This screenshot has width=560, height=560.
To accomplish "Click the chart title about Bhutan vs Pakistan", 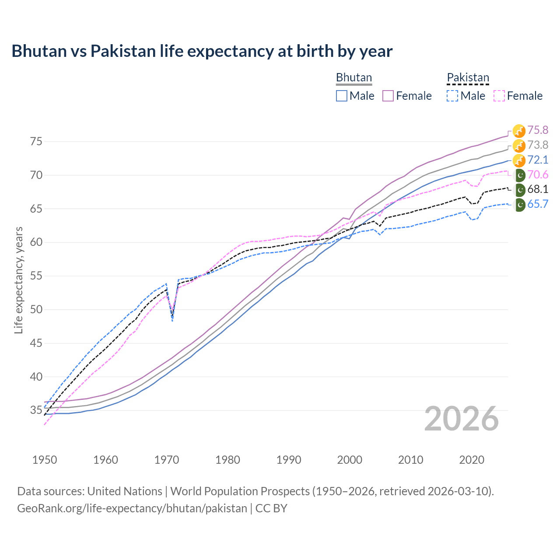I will (x=202, y=51).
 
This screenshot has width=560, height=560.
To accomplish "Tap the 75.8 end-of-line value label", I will (x=537, y=130).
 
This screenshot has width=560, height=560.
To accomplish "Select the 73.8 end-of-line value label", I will (x=537, y=145).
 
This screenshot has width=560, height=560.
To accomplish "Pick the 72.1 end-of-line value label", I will (x=537, y=160).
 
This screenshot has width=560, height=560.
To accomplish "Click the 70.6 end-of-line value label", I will (x=537, y=175).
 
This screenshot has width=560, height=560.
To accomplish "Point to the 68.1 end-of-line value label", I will (x=537, y=189).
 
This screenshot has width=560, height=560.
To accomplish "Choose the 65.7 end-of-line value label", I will (x=537, y=204).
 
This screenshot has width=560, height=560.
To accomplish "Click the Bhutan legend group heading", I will (x=353, y=78).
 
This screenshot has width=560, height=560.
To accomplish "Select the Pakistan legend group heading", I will (x=468, y=78).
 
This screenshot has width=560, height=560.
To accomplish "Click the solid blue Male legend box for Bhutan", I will (x=342, y=96).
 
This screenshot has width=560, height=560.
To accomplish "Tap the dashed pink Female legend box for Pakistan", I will (x=499, y=96).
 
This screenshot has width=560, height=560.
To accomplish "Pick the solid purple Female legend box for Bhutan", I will (x=388, y=96).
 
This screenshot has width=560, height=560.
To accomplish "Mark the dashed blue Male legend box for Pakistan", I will (x=452, y=96).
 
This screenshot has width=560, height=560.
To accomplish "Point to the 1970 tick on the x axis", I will (x=167, y=460).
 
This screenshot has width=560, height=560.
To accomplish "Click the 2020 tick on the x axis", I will (x=472, y=460).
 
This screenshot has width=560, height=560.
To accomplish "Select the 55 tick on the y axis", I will (x=36, y=276).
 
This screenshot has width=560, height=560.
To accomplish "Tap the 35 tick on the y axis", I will (x=36, y=410).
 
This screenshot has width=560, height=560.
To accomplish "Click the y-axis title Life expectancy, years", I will (x=18, y=280).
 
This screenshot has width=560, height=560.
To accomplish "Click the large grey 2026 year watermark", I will (x=461, y=419).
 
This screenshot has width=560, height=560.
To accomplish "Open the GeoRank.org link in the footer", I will (x=132, y=508).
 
